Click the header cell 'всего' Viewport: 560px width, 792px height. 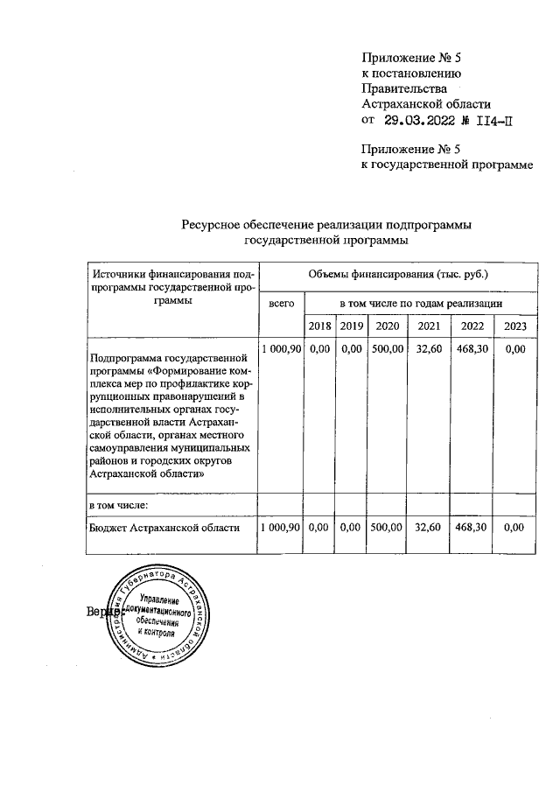click(x=281, y=302)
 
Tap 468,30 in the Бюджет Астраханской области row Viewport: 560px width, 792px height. click(x=472, y=528)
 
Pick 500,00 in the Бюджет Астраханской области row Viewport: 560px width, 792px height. click(x=387, y=528)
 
